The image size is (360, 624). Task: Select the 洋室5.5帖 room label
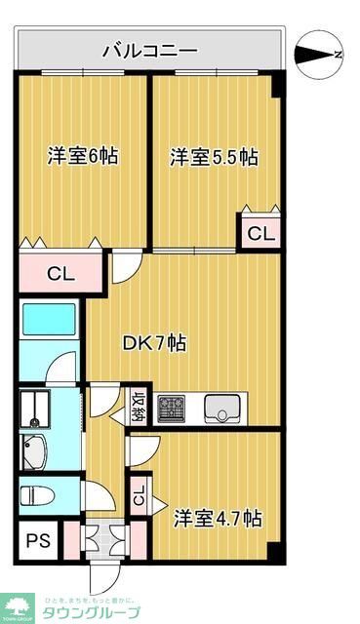pos(214,156)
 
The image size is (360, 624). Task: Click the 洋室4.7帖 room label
pos(218,516)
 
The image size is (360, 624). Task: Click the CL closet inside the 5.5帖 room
pos(260,233)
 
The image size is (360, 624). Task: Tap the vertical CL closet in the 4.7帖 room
pos(138,498)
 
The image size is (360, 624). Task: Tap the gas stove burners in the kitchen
pos(172,407)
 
